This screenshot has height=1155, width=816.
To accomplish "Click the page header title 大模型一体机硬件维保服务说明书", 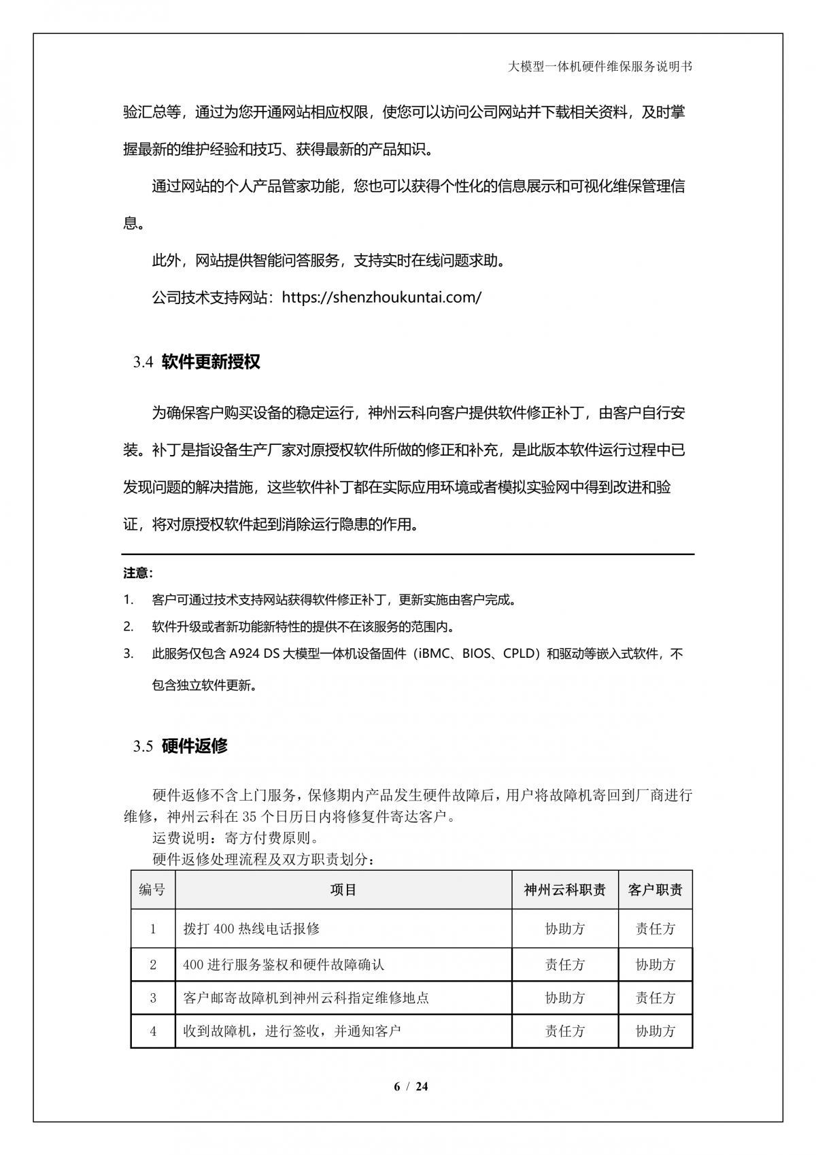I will click(x=600, y=67).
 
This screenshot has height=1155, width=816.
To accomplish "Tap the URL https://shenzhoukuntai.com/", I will click(x=381, y=297).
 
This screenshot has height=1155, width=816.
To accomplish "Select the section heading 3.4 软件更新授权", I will click(x=197, y=362).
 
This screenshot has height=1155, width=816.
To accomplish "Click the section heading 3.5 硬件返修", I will click(x=181, y=746).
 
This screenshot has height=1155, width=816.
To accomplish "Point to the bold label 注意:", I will click(x=138, y=573).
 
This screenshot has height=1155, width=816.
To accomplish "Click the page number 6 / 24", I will click(x=411, y=1086).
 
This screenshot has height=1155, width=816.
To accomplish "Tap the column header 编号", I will click(x=152, y=890).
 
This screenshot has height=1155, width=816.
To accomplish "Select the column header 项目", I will click(x=343, y=890).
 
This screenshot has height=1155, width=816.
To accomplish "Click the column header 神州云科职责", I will click(x=564, y=890).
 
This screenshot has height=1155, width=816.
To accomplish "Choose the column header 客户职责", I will click(x=656, y=890).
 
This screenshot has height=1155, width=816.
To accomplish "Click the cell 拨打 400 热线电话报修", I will click(x=252, y=929).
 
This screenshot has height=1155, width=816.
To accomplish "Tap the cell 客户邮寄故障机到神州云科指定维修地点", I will click(x=306, y=998).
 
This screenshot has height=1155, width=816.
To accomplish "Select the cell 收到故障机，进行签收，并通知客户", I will click(x=292, y=1031).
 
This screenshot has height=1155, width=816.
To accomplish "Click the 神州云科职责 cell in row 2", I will click(x=564, y=965).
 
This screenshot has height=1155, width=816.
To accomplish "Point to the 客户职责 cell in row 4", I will click(x=656, y=1031).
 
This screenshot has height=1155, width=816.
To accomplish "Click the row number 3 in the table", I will click(x=153, y=998).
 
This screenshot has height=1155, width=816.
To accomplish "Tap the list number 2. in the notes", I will click(x=129, y=626).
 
